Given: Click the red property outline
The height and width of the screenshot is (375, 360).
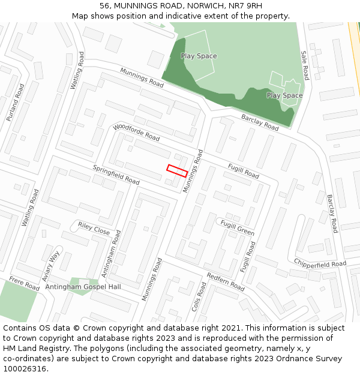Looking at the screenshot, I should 177,170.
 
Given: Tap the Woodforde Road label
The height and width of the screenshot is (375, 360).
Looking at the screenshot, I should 136,133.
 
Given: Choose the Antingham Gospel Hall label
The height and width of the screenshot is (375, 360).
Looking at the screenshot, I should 83,287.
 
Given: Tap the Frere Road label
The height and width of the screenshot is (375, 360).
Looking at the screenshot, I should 24,284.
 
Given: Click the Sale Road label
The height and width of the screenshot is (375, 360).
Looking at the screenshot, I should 305,65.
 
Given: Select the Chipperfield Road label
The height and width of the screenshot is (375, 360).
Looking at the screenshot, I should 320,263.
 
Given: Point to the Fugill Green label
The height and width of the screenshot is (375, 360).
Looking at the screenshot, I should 237,227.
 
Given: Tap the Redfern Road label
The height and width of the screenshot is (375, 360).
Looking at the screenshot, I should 225,281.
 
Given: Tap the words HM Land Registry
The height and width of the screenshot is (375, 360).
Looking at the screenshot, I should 31,349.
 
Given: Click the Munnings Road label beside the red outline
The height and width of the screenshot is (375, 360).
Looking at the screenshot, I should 193,171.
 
